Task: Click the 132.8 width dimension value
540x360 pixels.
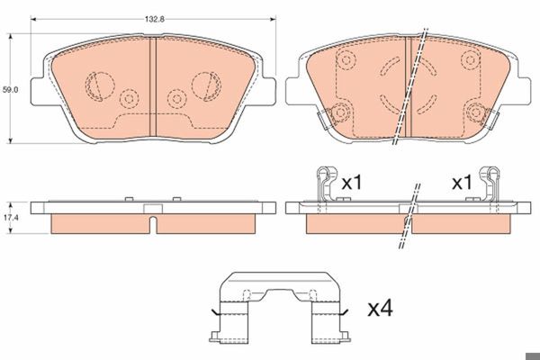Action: pos(154,19)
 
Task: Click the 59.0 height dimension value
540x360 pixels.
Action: pos(10,90)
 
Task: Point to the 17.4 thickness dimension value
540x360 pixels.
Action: pos(10,218)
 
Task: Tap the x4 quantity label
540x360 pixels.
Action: pos(380,308)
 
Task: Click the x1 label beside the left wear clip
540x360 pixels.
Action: pos(352,182)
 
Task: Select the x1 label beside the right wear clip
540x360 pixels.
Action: pos(462,182)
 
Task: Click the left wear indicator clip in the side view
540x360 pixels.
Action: pos(325,184)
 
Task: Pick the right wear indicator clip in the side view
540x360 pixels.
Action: pos(490,184)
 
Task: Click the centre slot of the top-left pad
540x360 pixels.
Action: pos(153,86)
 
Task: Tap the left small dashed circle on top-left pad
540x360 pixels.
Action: pos(129,99)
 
